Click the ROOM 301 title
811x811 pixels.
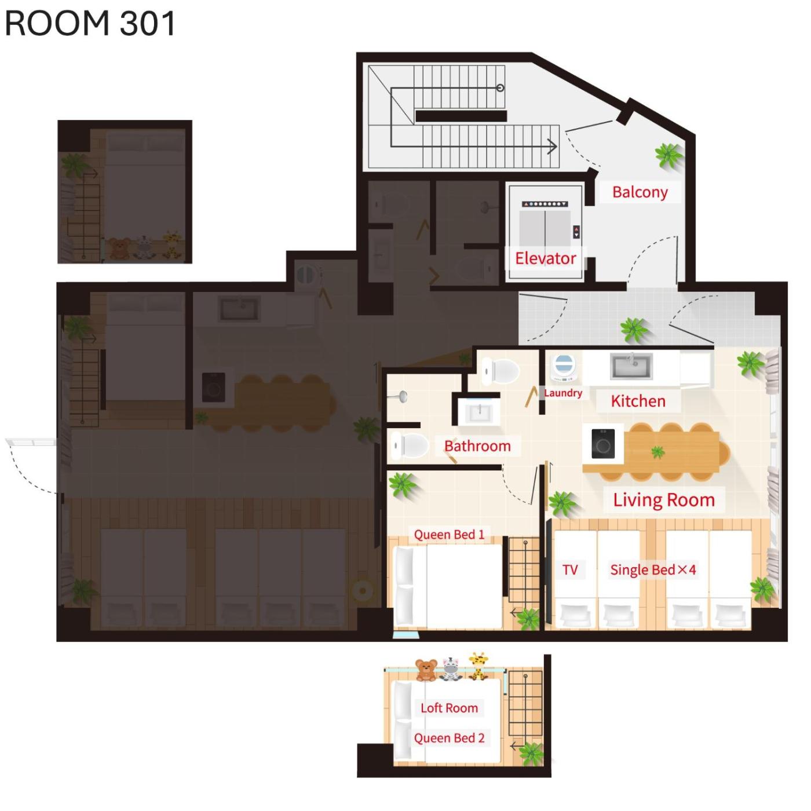90,23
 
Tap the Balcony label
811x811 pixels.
640,192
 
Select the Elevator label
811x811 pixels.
545,258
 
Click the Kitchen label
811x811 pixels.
638,401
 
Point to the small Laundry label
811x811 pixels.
563,393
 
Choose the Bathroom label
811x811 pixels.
477,445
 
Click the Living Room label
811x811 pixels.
664,499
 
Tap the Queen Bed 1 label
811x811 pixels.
449,535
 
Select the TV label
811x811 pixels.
570,570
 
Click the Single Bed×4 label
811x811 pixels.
653,570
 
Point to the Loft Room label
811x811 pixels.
449,708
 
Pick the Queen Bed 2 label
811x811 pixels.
449,738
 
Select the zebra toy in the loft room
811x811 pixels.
451,669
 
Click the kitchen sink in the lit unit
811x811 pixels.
631,366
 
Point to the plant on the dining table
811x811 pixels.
657,453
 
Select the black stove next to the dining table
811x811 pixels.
602,443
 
